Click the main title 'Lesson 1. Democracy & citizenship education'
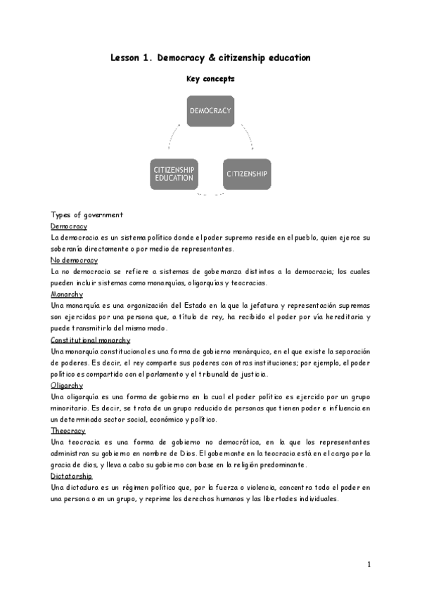coord(210,58)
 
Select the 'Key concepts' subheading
coord(210,79)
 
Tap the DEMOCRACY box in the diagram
coord(210,110)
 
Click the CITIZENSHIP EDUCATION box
coord(174,174)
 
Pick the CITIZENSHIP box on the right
coord(247,173)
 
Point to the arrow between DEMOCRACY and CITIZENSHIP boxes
coord(247,134)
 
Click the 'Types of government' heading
coord(87,214)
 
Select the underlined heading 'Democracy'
coord(69,226)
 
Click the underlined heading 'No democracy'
coord(75,260)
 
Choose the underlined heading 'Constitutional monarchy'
coord(91,339)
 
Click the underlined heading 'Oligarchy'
coord(68,385)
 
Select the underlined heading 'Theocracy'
coord(68,430)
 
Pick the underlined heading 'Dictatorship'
coord(72,476)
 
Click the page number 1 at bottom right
coord(369,564)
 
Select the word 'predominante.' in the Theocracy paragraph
coord(298,465)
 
